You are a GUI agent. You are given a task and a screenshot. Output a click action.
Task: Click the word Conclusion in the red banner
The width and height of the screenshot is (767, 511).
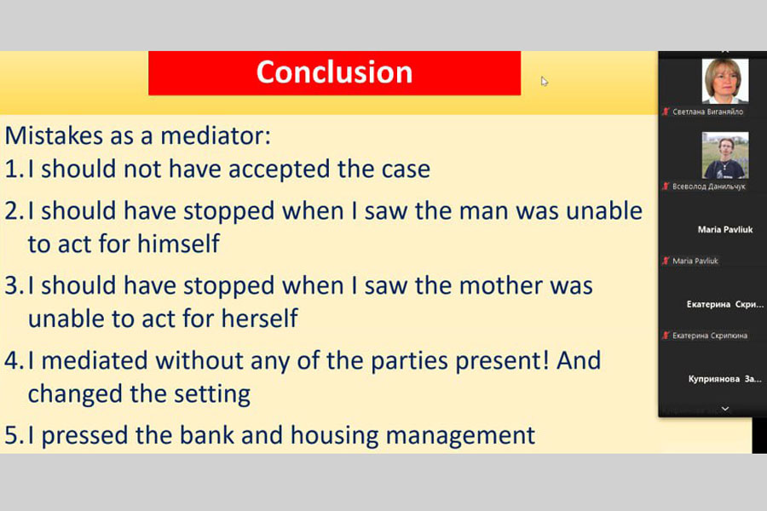point(335,72)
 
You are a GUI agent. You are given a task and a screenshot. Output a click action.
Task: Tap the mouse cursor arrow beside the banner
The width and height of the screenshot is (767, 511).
point(545,81)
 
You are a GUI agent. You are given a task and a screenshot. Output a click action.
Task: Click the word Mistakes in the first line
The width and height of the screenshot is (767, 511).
point(54,135)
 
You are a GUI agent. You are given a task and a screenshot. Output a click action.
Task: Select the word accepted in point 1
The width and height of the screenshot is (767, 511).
point(279,170)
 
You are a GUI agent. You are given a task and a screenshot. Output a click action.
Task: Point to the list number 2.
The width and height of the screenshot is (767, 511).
point(13,211)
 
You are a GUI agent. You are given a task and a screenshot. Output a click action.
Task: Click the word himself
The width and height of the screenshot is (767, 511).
point(178,243)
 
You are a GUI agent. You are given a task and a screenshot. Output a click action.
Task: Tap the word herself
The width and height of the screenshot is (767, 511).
point(260,319)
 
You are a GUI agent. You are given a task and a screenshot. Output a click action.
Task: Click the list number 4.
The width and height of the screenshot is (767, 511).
point(13,361)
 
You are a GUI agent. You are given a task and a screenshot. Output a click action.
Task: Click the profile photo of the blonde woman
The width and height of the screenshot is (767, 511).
point(725,81)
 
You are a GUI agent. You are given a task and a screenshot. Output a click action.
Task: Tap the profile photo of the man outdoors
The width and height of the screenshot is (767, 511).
point(725,155)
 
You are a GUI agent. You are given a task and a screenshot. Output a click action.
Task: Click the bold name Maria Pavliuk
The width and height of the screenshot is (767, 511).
point(725,229)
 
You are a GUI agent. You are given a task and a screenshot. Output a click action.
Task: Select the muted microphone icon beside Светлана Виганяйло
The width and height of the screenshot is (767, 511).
point(666,112)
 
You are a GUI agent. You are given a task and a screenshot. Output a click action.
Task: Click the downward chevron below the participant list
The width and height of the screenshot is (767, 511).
point(725,408)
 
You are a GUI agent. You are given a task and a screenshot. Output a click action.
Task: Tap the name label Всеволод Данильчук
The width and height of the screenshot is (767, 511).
point(709,187)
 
